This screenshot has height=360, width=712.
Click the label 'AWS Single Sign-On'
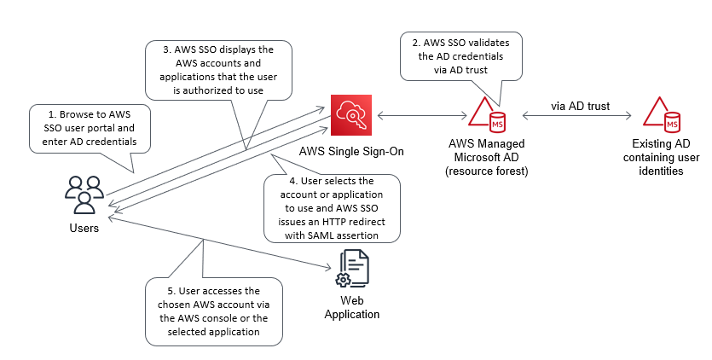coord(350,151)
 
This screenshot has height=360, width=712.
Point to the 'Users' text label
coord(84,228)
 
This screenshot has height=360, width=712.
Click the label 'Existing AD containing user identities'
coord(659,157)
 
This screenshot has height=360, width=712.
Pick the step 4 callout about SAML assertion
coord(331,208)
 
